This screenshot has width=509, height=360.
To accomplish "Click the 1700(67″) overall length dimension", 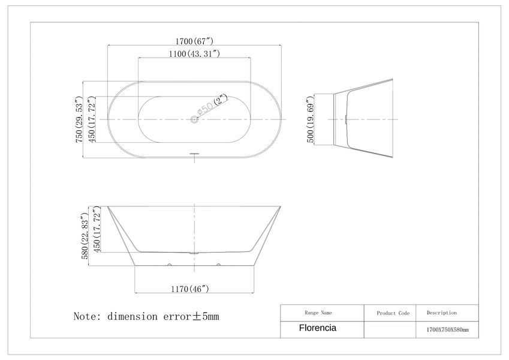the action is pos(194,41).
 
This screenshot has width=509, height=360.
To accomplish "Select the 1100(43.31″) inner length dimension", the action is pos(194,53).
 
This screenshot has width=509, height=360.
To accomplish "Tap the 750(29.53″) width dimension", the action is pos(79,119).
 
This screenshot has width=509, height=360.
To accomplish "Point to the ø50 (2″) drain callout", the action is pos(212,104).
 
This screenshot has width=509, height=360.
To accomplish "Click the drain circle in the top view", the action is pos(194,119).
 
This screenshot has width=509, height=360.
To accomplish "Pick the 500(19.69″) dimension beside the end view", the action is pos(310,119).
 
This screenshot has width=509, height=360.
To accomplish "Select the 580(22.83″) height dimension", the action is pos(85,236).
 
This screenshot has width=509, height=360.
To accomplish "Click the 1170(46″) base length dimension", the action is pos(190,289).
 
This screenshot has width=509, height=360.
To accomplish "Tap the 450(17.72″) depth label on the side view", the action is pos(97,229).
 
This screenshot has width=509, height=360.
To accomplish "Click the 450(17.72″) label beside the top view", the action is pos(91,119).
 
